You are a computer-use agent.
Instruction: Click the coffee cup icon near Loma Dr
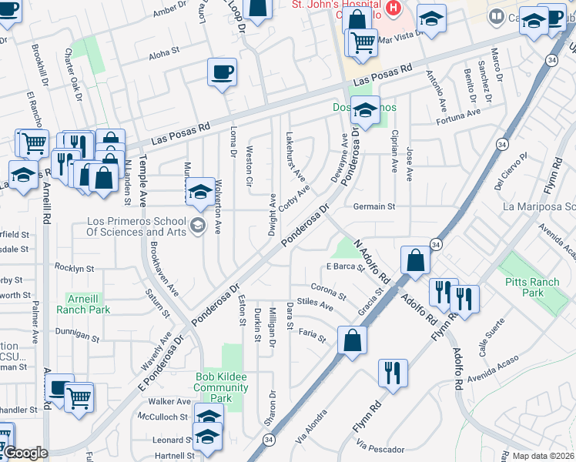point(222,73)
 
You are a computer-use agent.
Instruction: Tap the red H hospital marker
point(394,8)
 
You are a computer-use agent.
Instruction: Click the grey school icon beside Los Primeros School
point(198,225)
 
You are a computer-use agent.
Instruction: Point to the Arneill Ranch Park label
point(83,303)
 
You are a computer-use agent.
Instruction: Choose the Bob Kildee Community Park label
point(221,388)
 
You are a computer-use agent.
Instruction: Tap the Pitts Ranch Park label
point(532,287)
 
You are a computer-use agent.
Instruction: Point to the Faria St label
point(313,333)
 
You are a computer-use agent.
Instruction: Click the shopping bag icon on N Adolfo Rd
point(415,261)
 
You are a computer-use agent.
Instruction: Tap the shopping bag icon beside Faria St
point(352,341)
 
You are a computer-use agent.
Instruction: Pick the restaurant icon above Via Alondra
point(393,373)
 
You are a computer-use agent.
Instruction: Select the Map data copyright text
point(544,456)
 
